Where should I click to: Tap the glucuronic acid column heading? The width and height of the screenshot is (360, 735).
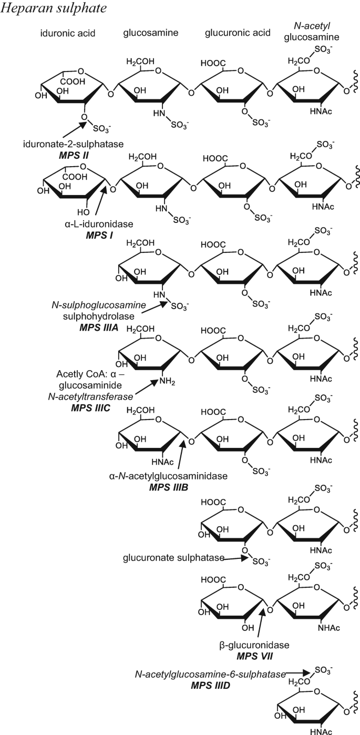[238, 34]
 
